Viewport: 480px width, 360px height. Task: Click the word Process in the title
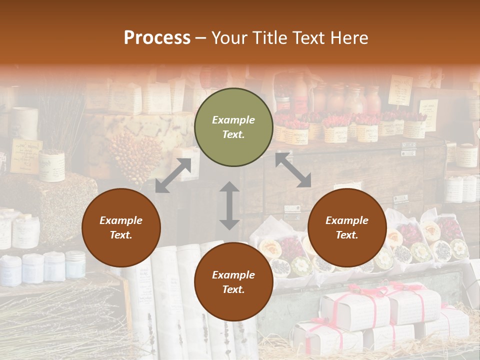(157, 38)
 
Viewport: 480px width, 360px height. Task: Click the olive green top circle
(233, 127)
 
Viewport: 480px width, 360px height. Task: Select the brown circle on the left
(121, 227)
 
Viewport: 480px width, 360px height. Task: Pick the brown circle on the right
(347, 227)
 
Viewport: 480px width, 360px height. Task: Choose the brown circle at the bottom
(233, 282)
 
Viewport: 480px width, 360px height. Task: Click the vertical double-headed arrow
(229, 205)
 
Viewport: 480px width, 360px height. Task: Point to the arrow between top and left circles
(173, 175)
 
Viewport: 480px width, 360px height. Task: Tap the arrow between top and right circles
(293, 170)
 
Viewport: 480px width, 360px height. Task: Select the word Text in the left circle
(121, 235)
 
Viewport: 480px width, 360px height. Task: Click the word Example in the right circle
(347, 220)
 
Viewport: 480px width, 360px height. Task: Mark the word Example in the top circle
(233, 120)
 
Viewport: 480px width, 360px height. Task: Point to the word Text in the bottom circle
(233, 289)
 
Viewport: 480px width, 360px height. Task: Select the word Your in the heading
(227, 38)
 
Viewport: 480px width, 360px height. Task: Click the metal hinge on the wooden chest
(408, 148)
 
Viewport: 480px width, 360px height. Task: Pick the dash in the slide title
(200, 38)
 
